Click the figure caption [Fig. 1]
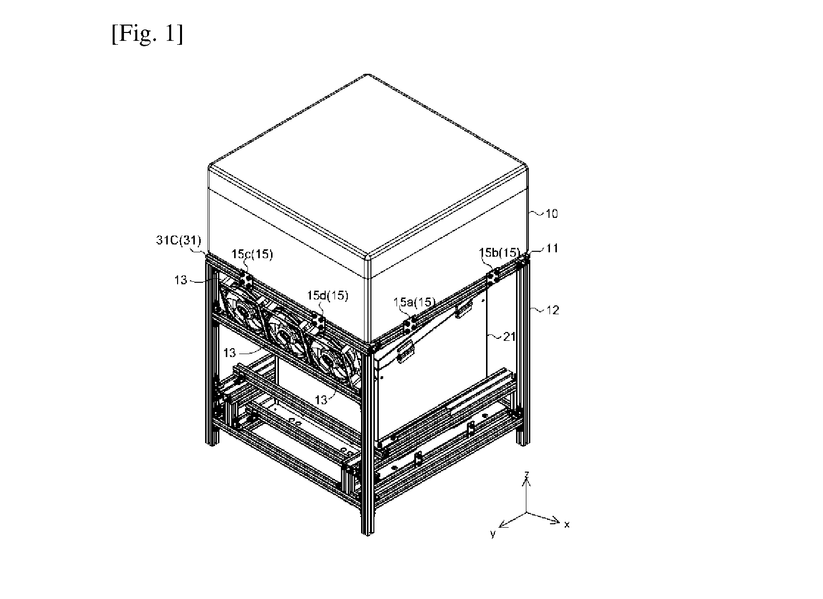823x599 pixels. click(x=147, y=34)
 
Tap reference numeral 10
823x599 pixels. click(x=551, y=214)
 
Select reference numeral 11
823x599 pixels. click(x=552, y=249)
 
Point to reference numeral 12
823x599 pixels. click(x=552, y=310)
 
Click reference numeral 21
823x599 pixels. click(x=509, y=337)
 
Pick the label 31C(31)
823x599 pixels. click(x=179, y=240)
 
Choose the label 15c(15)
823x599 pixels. click(x=252, y=254)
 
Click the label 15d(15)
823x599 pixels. click(x=328, y=295)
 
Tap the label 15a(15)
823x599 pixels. click(x=414, y=302)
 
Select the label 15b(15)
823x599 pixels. click(x=500, y=252)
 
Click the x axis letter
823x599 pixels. click(x=567, y=525)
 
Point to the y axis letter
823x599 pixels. click(x=493, y=533)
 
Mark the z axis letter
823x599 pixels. click(x=526, y=474)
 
